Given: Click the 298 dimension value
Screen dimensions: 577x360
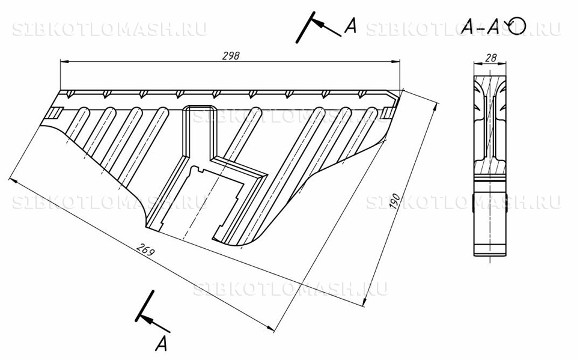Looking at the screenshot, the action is (231, 55).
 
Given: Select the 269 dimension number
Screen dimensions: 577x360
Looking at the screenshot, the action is (145, 249).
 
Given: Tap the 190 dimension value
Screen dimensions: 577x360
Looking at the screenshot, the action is (394, 202).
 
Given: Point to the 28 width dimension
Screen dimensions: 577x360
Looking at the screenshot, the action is (491, 58).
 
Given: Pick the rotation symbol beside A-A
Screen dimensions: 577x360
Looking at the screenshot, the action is (517, 26).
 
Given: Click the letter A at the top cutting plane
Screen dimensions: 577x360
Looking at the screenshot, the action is (350, 26).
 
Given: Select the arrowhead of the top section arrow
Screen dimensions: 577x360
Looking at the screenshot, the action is (320, 25).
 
